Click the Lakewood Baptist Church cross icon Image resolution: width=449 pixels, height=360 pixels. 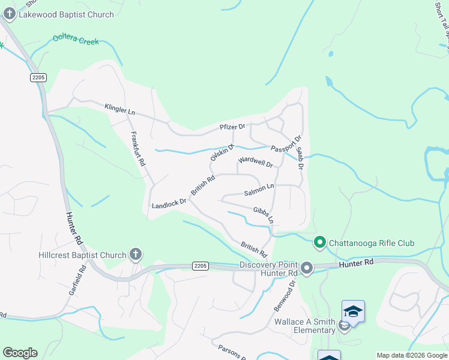[x=9, y=13]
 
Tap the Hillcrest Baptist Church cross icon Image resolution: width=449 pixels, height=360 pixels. [x=136, y=255]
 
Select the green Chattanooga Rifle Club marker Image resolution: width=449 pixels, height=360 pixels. [x=320, y=243]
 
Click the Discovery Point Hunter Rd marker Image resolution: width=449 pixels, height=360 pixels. [x=307, y=268]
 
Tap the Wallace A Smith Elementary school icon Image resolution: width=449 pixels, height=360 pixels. [x=353, y=311]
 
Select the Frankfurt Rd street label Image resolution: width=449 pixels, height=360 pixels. [x=138, y=149]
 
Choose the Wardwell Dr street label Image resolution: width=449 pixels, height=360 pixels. [x=255, y=161]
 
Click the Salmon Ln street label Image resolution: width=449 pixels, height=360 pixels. [x=259, y=193]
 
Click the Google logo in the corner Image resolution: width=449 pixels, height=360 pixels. [x=20, y=353]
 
